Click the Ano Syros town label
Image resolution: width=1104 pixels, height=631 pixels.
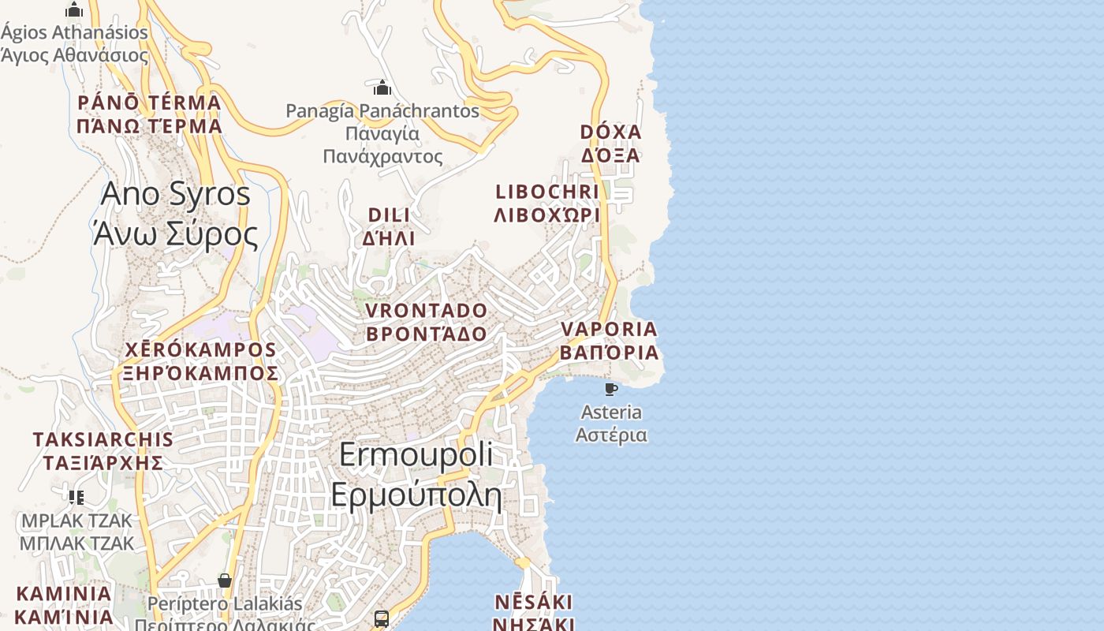pyautogui.click(x=175, y=214)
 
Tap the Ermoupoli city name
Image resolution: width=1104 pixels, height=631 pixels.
pyautogui.click(x=416, y=475)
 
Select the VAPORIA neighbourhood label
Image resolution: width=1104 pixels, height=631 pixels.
pyautogui.click(x=609, y=340)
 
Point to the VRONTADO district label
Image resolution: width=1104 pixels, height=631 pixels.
pyautogui.click(x=427, y=322)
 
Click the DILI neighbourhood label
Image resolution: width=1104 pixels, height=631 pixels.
pyautogui.click(x=389, y=226)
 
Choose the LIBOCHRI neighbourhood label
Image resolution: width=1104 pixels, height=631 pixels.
pyautogui.click(x=547, y=203)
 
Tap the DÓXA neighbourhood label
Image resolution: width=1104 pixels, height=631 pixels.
pyautogui.click(x=610, y=143)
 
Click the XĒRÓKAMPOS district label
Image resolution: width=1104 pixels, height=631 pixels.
pyautogui.click(x=200, y=361)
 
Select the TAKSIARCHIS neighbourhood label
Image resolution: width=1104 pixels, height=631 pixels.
pyautogui.click(x=103, y=450)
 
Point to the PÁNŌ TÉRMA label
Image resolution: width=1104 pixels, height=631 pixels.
pyautogui.click(x=149, y=114)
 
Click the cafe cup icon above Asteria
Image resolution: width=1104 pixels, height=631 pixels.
pyautogui.click(x=610, y=389)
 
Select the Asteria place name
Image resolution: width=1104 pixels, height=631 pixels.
pyautogui.click(x=611, y=424)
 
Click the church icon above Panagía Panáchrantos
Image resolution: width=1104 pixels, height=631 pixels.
pyautogui.click(x=382, y=87)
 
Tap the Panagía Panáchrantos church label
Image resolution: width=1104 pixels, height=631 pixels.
pyautogui.click(x=382, y=133)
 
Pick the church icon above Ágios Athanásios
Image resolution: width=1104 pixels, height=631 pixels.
pyautogui.click(x=74, y=9)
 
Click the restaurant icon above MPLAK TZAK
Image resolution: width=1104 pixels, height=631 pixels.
pyautogui.click(x=76, y=497)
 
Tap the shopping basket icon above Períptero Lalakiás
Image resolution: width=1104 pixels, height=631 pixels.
pyautogui.click(x=225, y=581)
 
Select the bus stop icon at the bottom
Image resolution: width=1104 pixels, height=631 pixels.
pyautogui.click(x=382, y=618)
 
